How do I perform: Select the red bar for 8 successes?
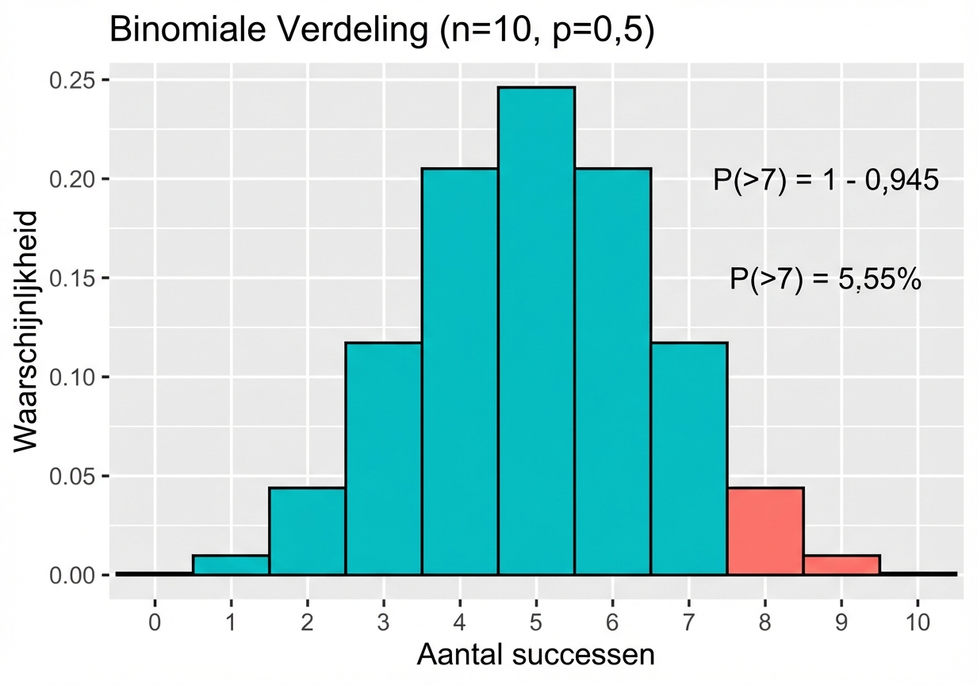coord(765,530)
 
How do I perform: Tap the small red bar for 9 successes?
coord(841,564)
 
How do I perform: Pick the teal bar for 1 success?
coord(231,564)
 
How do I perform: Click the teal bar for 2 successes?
coord(307,530)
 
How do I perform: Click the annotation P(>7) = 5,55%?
coord(825,280)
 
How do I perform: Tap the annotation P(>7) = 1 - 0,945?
coord(826,181)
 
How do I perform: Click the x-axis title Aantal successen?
coord(536,656)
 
